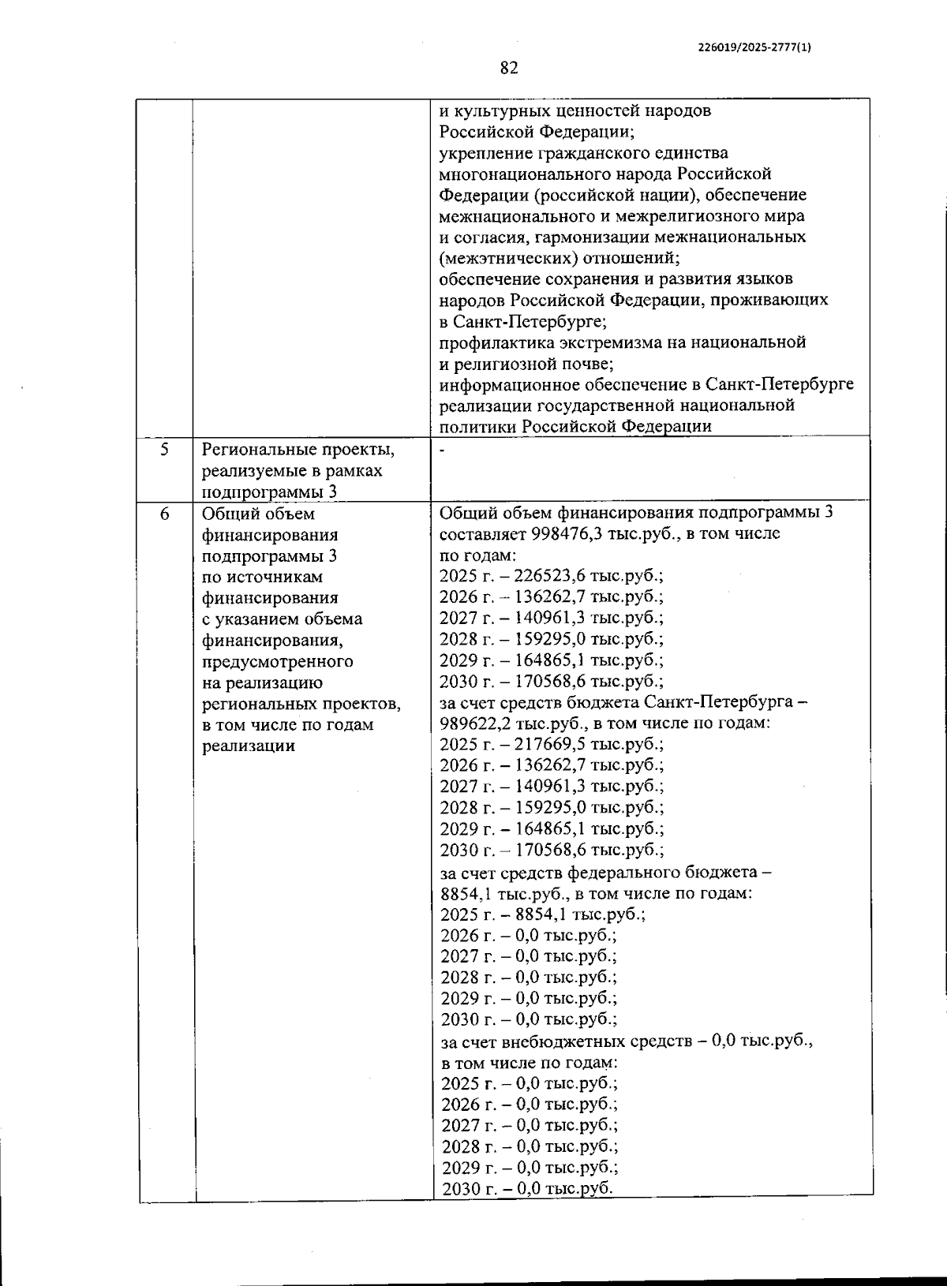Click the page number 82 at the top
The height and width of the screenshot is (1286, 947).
[x=509, y=69]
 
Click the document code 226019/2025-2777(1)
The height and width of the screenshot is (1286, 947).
[x=754, y=47]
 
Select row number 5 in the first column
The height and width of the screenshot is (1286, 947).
[x=164, y=450]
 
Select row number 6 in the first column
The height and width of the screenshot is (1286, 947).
[x=164, y=514]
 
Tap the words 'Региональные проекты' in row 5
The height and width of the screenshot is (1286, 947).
[x=298, y=450]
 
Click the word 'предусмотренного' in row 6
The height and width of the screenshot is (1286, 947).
[x=278, y=661]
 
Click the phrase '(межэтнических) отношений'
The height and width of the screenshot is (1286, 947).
[x=559, y=258]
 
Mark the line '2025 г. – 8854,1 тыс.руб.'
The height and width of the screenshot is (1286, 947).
[x=543, y=914]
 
